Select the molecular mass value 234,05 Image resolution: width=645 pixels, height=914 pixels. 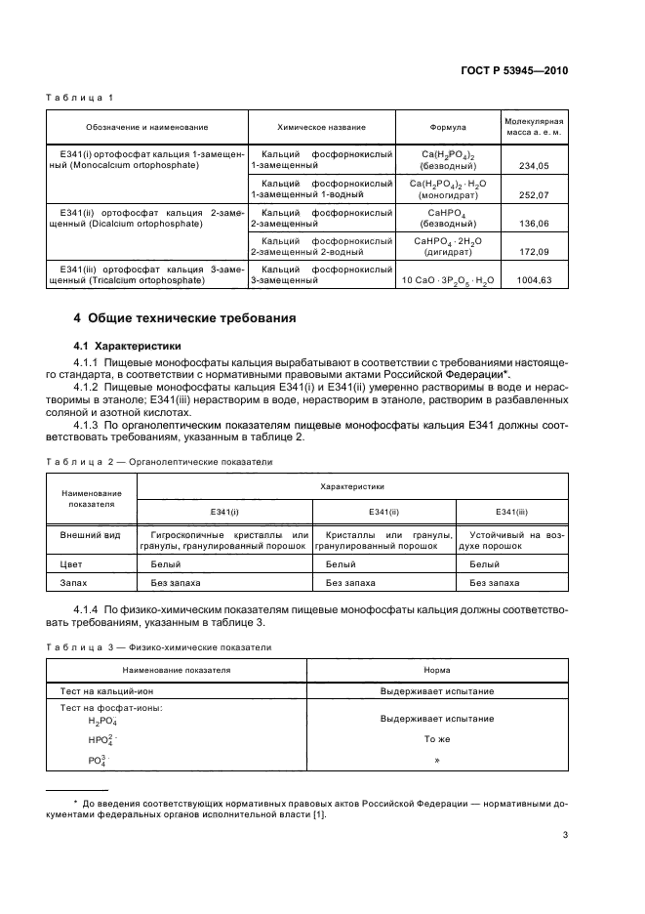tap(536, 167)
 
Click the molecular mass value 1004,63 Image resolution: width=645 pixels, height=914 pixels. tap(536, 280)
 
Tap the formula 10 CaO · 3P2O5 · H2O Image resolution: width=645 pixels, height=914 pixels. tap(448, 280)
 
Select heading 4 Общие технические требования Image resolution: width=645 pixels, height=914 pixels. tap(185, 317)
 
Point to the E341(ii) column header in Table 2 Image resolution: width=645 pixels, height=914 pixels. tap(383, 512)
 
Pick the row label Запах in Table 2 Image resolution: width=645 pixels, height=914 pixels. tap(74, 583)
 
